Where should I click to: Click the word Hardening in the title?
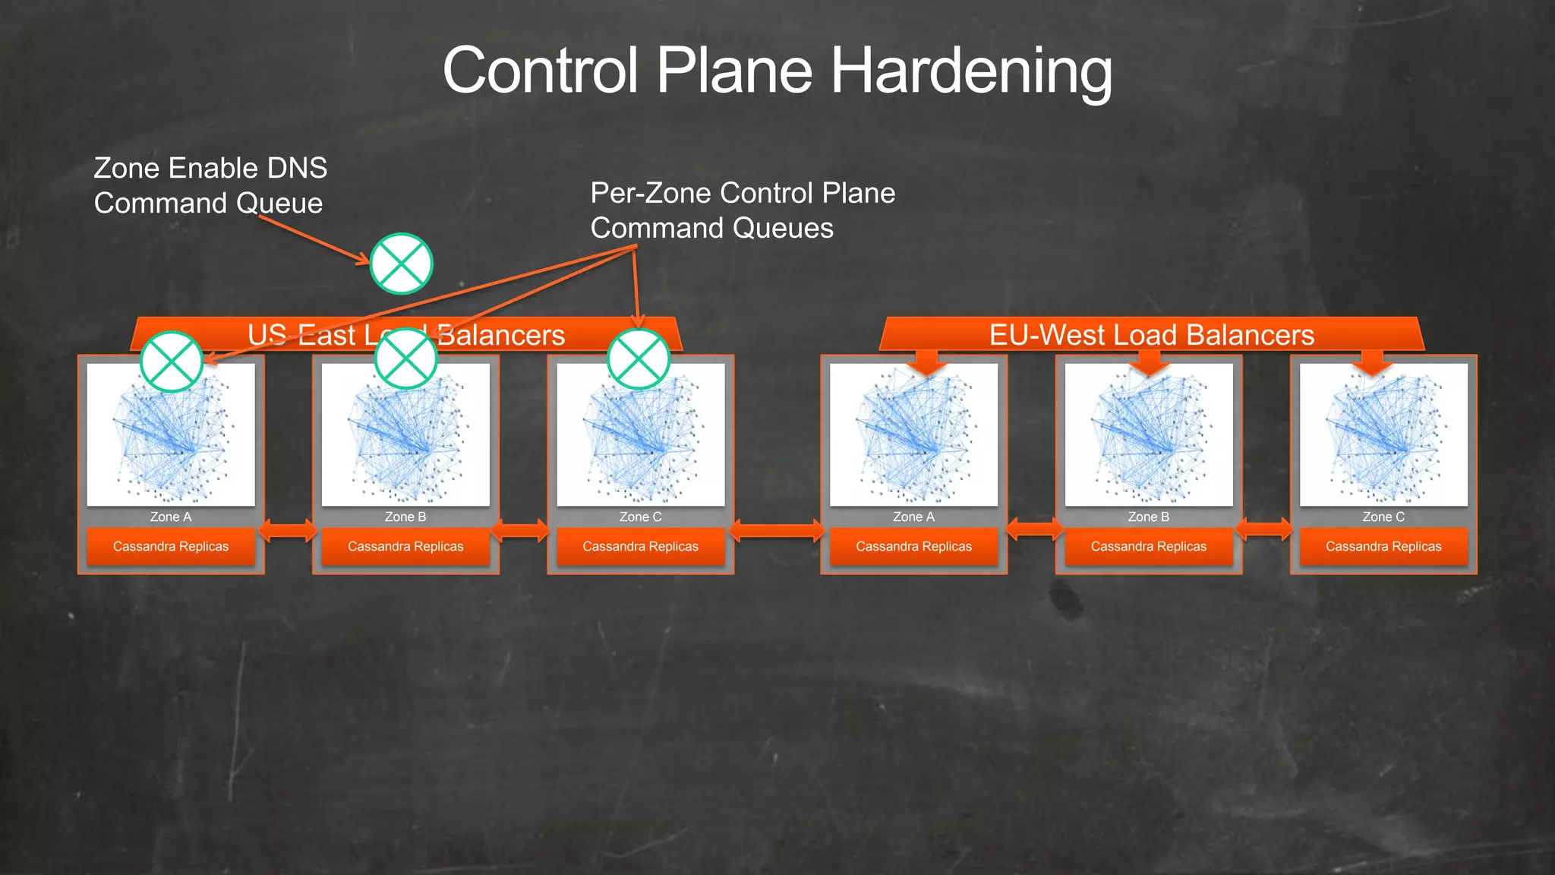[x=971, y=71]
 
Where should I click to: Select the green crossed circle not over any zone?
[x=401, y=264]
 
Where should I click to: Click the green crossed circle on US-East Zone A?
[x=172, y=362]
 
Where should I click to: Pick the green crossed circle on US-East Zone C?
[x=639, y=359]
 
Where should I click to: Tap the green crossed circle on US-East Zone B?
[x=406, y=359]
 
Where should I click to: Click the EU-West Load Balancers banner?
[x=1151, y=335]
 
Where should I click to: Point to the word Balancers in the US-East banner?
[x=501, y=335]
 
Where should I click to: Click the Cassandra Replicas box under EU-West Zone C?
[x=1383, y=546]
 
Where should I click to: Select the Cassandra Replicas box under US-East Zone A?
[x=171, y=546]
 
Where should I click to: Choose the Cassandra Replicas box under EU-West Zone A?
[x=913, y=546]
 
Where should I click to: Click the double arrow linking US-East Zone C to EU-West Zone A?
[x=777, y=529]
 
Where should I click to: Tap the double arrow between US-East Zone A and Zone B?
[x=288, y=529]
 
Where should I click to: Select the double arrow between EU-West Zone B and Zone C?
[x=1265, y=528]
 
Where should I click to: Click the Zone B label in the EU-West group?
[x=1148, y=517]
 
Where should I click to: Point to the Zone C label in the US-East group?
[x=640, y=517]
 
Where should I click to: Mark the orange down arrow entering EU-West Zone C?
[x=1372, y=362]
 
